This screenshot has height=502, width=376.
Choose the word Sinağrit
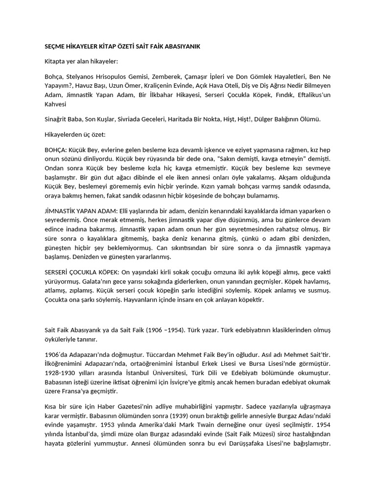click(53, 119)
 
